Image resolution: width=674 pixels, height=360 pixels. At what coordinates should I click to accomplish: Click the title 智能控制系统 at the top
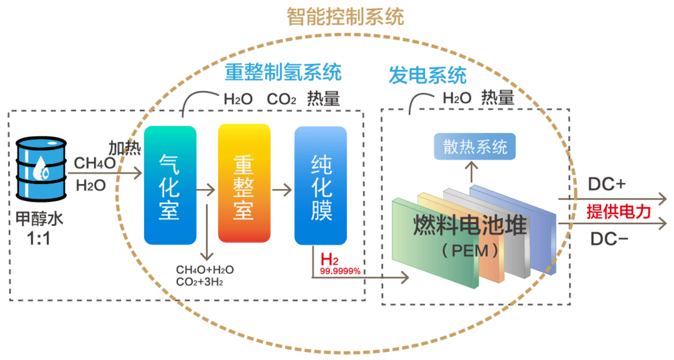click(345, 17)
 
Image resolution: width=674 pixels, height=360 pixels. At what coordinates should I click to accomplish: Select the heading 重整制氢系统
click(283, 72)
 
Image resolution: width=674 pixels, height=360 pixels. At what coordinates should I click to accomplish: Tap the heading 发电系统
click(427, 75)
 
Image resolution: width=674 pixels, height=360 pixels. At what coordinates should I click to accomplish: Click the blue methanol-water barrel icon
click(41, 169)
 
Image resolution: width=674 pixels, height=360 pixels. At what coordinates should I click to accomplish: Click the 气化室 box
click(170, 185)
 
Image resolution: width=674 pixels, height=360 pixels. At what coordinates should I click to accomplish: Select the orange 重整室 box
click(244, 183)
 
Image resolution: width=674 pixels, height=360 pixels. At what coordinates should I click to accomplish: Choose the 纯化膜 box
click(321, 185)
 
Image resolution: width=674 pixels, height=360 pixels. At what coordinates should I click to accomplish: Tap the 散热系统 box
click(474, 147)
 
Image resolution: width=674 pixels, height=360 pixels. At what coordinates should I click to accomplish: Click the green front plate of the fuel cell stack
click(435, 243)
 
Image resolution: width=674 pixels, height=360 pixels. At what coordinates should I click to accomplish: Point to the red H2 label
click(330, 260)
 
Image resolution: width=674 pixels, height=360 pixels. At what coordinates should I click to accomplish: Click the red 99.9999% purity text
click(340, 271)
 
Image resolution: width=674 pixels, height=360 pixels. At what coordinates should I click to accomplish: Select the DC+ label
click(607, 184)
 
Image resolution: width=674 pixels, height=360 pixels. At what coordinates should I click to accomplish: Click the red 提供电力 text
click(618, 212)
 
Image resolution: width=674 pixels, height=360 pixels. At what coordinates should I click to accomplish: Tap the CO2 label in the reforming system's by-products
click(281, 99)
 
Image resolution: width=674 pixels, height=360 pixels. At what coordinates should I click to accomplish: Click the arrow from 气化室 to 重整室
click(206, 190)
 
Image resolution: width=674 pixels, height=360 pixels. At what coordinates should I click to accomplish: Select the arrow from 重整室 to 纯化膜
click(282, 190)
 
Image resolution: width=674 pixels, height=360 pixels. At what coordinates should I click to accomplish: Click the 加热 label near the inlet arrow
click(125, 148)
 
